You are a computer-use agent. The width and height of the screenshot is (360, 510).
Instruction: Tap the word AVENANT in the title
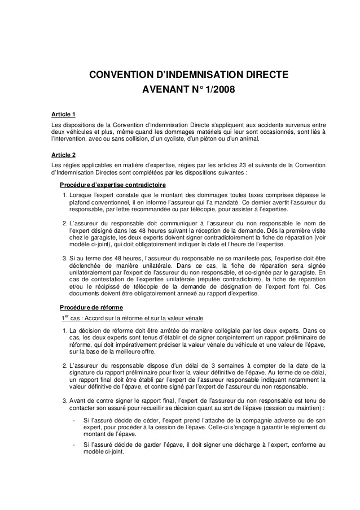coord(164,90)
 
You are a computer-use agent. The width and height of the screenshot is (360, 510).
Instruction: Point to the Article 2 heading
coord(63,154)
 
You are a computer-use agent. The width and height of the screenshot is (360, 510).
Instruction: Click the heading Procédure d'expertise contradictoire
coord(113,185)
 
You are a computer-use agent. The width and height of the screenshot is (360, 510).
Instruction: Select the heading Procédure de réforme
coord(91,307)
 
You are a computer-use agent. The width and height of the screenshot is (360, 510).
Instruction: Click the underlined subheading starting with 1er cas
coord(130,317)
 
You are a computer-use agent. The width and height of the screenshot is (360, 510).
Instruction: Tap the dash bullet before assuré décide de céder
coord(73,421)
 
